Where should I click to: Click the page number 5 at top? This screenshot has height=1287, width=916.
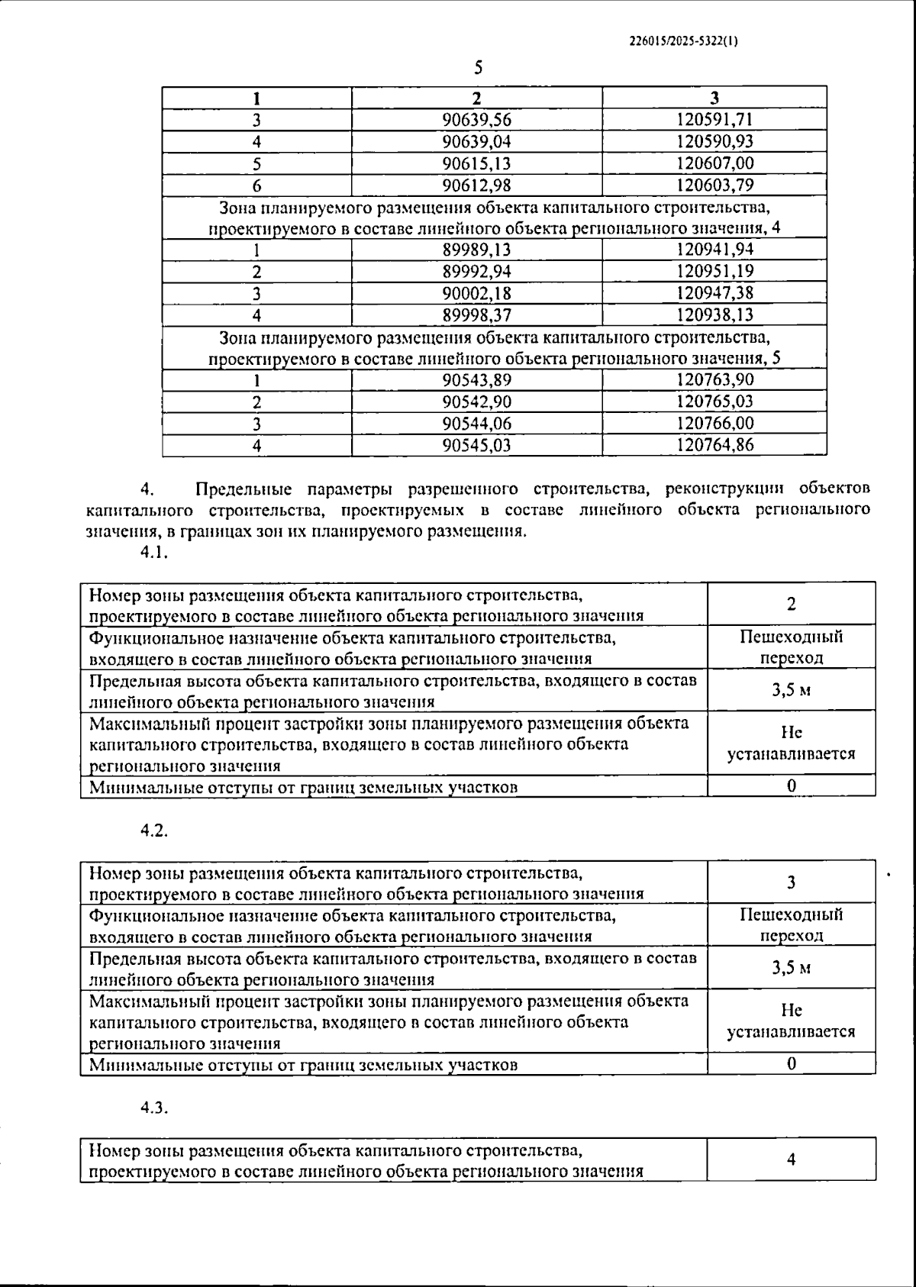pos(479,69)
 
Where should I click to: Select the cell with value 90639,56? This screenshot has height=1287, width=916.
pos(476,120)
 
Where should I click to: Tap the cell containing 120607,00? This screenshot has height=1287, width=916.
pos(714,163)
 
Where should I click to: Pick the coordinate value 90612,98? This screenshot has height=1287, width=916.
pos(476,185)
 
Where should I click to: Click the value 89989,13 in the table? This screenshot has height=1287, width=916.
pos(476,250)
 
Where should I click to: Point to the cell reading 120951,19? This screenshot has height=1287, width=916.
pos(714,272)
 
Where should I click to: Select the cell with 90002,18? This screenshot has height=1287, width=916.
pos(476,293)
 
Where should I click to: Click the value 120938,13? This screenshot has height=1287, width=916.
pos(714,315)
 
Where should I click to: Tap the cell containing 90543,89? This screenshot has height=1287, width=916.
pos(476,380)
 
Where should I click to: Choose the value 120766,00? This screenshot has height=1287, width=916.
pos(714,424)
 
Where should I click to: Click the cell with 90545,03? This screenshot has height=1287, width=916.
pos(476,445)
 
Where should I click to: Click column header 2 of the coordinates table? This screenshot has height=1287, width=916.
pos(476,98)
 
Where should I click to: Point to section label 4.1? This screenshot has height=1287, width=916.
pos(153,554)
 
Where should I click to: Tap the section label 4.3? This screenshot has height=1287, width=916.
pos(153,1109)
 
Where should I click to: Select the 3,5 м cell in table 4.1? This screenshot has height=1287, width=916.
pos(791,690)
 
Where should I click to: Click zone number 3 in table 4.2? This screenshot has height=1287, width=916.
pos(791,882)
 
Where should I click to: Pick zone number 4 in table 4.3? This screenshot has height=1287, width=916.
pos(791,1160)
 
